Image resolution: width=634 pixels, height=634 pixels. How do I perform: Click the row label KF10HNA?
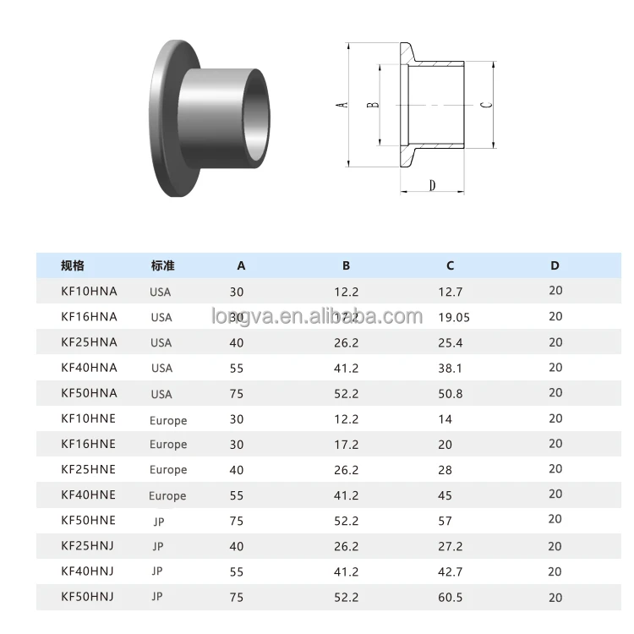pos(89,292)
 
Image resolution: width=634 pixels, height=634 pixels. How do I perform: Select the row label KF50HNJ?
pos(88,597)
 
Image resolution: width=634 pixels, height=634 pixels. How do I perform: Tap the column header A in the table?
pos(241,265)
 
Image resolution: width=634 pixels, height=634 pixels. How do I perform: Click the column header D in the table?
pos(555,265)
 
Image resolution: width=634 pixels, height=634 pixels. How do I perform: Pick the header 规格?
pos(73,265)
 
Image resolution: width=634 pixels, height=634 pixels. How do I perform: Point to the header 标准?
pos(162,265)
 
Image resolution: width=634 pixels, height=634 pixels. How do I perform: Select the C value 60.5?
pos(450,598)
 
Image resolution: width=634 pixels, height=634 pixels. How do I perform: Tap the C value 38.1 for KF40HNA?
pos(450,369)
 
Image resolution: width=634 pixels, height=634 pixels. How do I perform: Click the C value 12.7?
pos(450,292)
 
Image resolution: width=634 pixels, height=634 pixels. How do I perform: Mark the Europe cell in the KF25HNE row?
pos(168,470)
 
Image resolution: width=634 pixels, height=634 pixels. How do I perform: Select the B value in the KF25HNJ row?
pos(347,547)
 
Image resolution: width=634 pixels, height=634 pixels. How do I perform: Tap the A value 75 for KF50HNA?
pos(237,394)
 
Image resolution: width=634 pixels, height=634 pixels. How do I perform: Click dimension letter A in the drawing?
pos(342,106)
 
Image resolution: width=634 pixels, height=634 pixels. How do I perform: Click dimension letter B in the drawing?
pos(373,105)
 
